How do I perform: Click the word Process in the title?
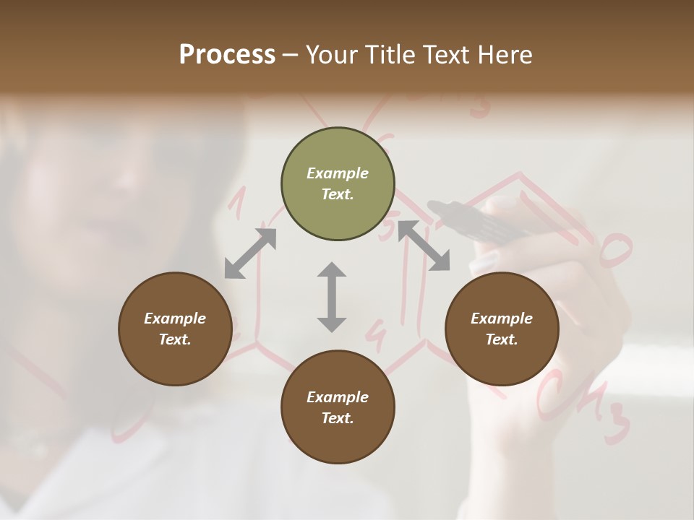click(x=227, y=55)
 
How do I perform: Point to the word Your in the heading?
click(x=331, y=55)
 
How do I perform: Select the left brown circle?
click(x=175, y=329)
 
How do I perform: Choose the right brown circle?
click(x=502, y=329)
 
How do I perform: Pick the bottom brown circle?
click(x=338, y=407)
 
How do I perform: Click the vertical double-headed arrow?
click(x=332, y=297)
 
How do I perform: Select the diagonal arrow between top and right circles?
click(x=424, y=246)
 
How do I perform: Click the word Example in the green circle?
click(x=338, y=173)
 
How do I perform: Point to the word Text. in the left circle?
click(x=175, y=339)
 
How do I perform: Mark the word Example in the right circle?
click(x=502, y=318)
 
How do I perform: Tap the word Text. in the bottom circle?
click(x=338, y=418)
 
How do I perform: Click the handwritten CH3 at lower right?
click(x=583, y=408)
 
